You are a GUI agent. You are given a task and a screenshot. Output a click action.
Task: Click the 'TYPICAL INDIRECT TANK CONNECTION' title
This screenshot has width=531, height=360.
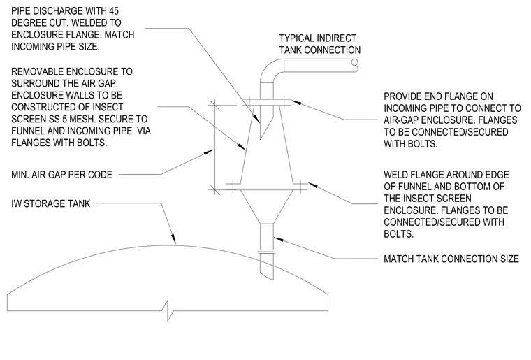click(320, 44)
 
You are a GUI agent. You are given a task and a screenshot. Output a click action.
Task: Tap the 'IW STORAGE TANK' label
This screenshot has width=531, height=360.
click(51, 203)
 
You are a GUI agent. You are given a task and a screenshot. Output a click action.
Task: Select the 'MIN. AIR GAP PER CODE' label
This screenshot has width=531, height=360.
click(61, 175)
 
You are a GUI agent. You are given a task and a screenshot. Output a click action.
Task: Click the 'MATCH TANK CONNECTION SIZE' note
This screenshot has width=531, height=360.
click(451, 259)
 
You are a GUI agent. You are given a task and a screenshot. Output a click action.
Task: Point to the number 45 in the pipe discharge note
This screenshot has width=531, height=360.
click(113, 11)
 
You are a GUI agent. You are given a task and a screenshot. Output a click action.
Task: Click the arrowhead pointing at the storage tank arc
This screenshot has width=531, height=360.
click(173, 239)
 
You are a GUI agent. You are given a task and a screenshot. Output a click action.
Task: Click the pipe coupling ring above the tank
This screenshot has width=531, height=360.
click(266, 252)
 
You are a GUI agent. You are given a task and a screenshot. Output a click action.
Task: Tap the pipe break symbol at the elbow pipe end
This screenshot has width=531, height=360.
click(355, 66)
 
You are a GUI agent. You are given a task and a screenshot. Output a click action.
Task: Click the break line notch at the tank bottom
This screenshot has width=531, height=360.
click(168, 310)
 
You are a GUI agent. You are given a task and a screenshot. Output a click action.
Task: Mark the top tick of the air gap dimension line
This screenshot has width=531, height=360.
click(214, 105)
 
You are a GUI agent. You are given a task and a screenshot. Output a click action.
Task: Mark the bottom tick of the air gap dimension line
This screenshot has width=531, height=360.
click(214, 189)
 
